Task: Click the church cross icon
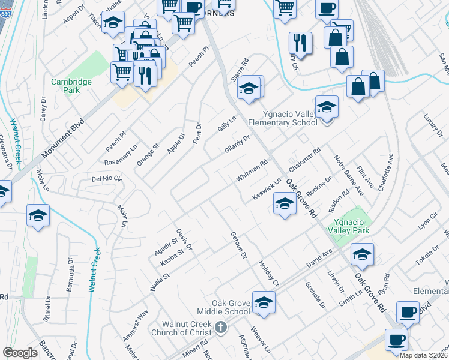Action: (x=220, y=328)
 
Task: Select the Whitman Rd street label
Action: (x=252, y=171)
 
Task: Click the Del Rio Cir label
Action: (x=106, y=179)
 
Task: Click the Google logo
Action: (x=20, y=353)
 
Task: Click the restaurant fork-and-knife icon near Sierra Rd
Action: (x=299, y=43)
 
